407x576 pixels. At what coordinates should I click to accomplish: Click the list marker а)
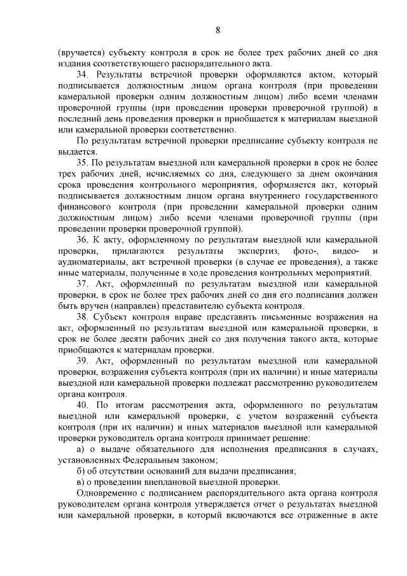click(81, 449)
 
